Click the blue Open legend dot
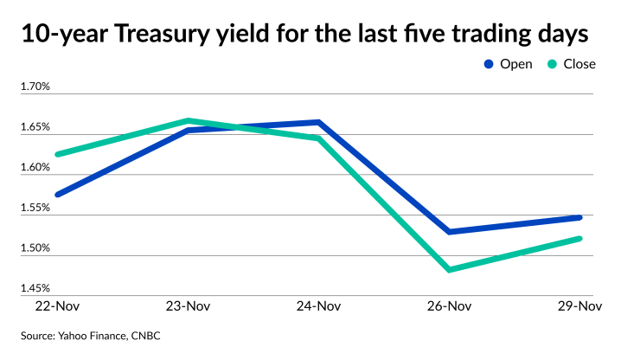point(489,64)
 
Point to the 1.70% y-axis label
point(35,87)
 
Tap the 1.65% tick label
point(35,127)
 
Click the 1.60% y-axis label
point(35,168)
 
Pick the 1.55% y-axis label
point(35,209)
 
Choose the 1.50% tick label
point(35,248)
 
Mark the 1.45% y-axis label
point(35,288)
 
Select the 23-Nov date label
point(188,305)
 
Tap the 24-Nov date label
point(319,305)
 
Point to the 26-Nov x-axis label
point(450,305)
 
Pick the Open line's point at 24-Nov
point(319,122)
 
